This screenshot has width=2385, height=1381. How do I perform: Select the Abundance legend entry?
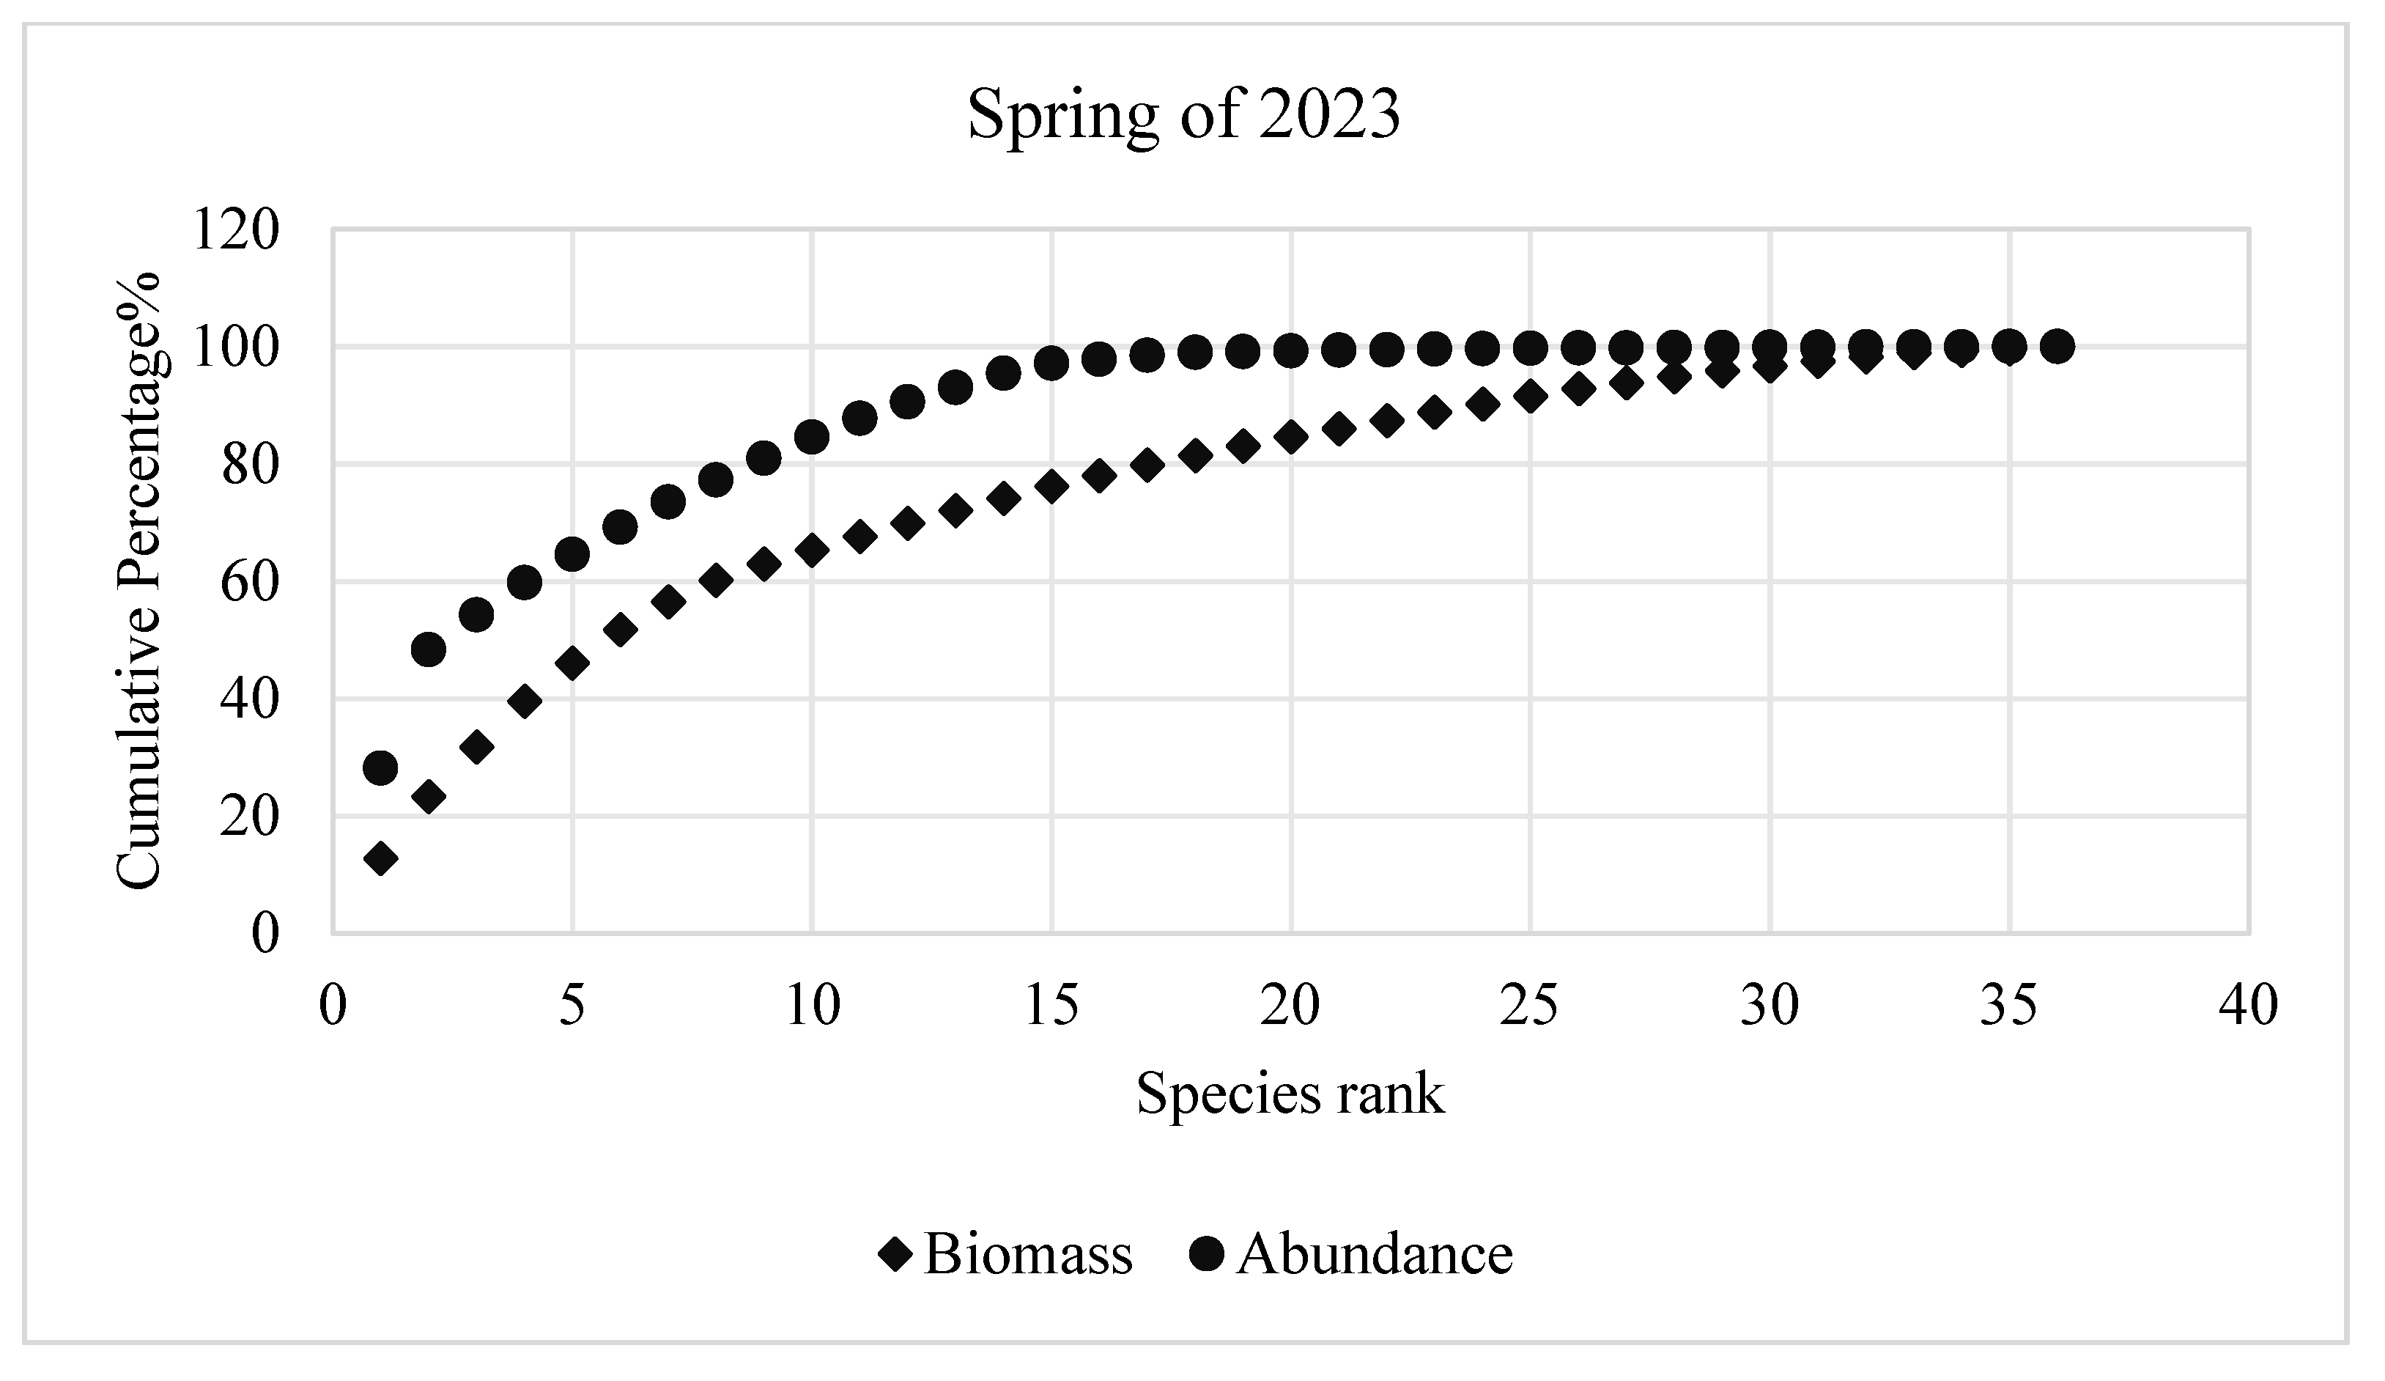tap(1351, 1255)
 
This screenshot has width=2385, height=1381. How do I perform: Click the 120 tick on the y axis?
tap(236, 230)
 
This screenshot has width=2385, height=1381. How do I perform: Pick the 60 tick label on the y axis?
tap(250, 582)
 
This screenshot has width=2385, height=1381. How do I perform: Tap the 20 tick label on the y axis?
tap(250, 817)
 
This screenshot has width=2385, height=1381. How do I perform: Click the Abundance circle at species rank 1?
tap(380, 767)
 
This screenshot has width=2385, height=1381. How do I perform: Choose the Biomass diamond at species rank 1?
tap(380, 859)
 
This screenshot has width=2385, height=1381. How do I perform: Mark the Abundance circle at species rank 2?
tap(429, 649)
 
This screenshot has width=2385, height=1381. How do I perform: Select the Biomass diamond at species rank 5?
tap(572, 663)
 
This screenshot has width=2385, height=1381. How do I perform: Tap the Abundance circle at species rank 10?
tap(812, 436)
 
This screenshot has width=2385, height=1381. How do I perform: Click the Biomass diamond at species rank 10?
tap(812, 550)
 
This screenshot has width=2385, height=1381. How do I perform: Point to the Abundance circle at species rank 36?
tap(2057, 347)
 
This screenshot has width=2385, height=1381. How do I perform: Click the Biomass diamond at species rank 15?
tap(1051, 487)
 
